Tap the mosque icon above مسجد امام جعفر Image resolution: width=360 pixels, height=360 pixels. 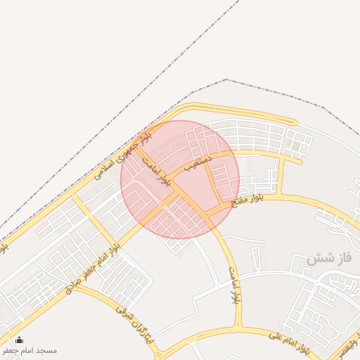[19, 340]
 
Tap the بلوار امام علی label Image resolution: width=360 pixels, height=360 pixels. [288, 342]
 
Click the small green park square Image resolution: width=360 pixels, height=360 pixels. [296, 146]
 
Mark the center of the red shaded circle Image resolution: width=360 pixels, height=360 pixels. [180, 179]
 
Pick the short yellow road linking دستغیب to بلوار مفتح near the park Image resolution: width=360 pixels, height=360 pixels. [281, 176]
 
